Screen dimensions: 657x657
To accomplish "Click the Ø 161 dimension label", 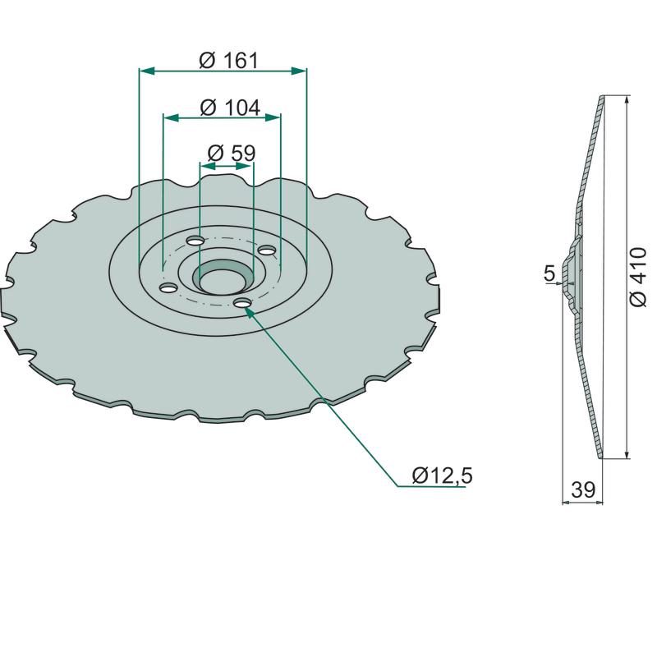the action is pyautogui.click(x=229, y=61).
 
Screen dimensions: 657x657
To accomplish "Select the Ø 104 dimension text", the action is pyautogui.click(x=230, y=108).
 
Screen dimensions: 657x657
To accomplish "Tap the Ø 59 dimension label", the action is pyautogui.click(x=232, y=154).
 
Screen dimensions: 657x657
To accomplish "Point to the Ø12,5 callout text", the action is pyautogui.click(x=442, y=476).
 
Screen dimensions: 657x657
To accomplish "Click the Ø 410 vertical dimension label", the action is pyautogui.click(x=638, y=277).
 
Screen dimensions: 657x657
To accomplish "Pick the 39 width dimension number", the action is pyautogui.click(x=583, y=489).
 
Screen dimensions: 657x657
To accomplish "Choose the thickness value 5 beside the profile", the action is pyautogui.click(x=549, y=273).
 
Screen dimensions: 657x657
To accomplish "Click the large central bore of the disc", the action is pyautogui.click(x=223, y=277).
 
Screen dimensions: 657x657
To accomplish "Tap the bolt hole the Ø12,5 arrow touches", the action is pyautogui.click(x=242, y=302).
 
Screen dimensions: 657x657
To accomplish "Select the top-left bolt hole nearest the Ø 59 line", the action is pyautogui.click(x=195, y=241).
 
